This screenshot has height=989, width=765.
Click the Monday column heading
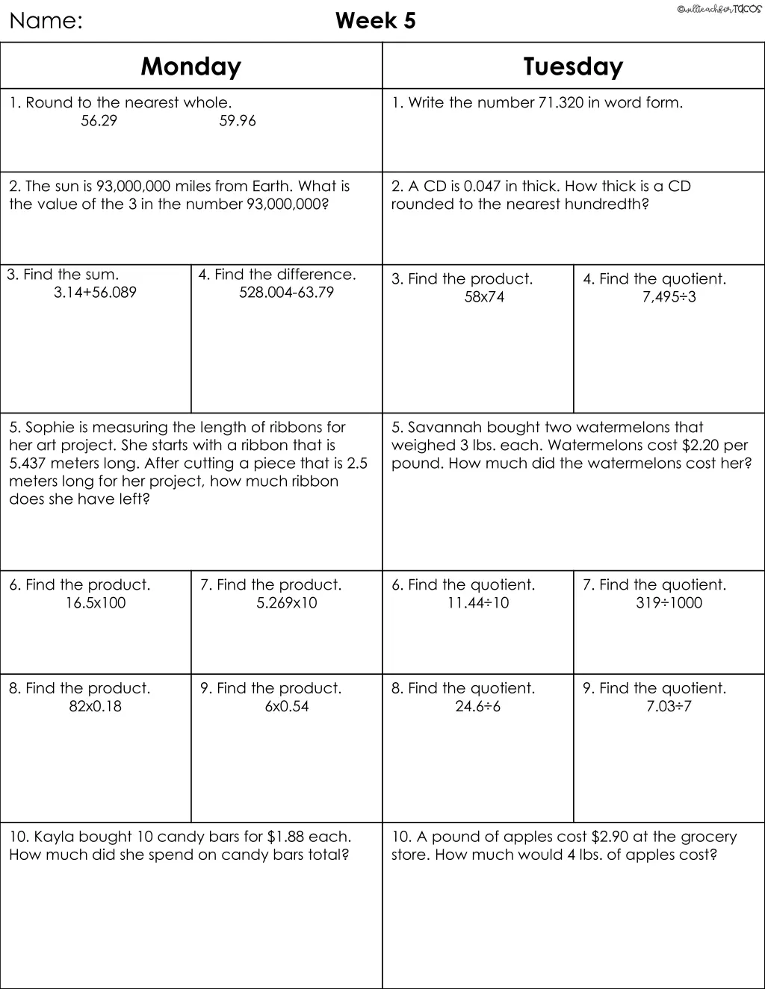point(191,66)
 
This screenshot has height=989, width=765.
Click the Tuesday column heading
point(573,66)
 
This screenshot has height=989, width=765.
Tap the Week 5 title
point(375,21)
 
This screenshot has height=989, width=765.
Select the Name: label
point(46,21)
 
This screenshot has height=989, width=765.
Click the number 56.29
point(99,121)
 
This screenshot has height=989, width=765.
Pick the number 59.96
point(237,121)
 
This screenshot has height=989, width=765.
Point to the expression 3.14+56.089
point(95,293)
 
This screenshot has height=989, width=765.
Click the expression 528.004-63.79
point(286,293)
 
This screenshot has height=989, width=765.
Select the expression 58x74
point(484,297)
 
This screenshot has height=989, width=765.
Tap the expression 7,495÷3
point(669,297)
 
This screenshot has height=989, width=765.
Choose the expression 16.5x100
point(95,603)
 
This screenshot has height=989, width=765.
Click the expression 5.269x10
point(286,603)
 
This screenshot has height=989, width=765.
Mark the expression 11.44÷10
point(478,603)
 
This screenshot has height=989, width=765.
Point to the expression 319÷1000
point(669,603)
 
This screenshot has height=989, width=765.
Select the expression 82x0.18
point(95,706)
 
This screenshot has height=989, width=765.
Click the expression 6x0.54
point(286,706)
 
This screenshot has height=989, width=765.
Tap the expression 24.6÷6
point(478,706)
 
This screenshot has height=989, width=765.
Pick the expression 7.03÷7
point(669,706)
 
